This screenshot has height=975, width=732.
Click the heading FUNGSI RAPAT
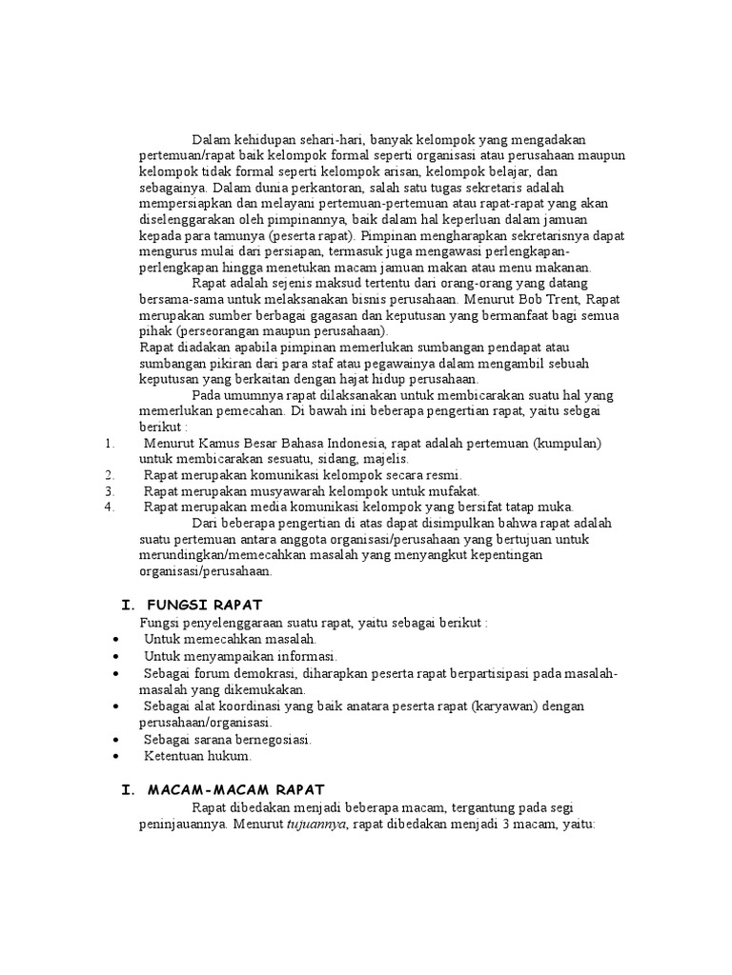pyautogui.click(x=211, y=606)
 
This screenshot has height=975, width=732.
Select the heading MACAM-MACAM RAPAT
pyautogui.click(x=236, y=789)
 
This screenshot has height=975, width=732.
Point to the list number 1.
pyautogui.click(x=111, y=444)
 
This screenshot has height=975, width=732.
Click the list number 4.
pyautogui.click(x=111, y=507)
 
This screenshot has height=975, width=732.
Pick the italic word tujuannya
pyautogui.click(x=317, y=824)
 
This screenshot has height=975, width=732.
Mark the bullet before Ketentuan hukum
pyautogui.click(x=115, y=756)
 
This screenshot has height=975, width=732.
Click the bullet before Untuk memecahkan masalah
pyautogui.click(x=115, y=639)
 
